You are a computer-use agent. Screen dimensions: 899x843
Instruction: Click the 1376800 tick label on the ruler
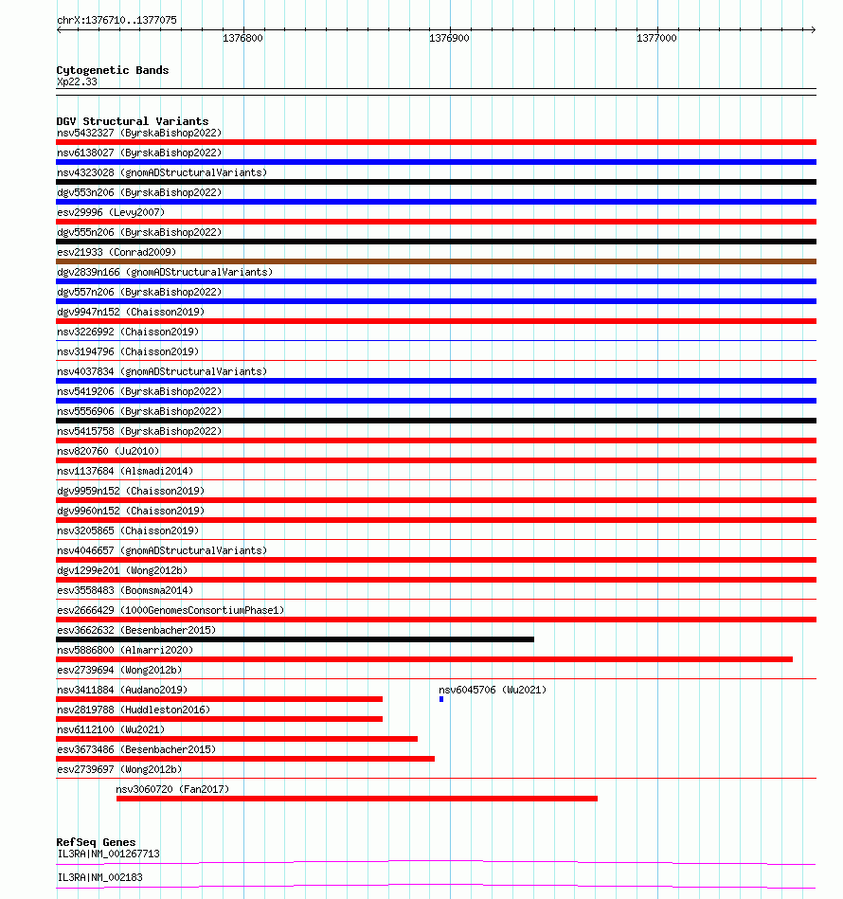[242, 38]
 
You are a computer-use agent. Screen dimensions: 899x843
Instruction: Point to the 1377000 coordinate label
[656, 38]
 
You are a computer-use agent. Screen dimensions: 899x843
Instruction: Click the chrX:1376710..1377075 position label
[117, 20]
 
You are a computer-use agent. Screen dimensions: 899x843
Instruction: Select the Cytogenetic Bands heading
[112, 70]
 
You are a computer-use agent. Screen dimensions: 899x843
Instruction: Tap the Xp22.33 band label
[77, 81]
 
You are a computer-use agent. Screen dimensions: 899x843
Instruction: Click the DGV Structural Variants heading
[132, 121]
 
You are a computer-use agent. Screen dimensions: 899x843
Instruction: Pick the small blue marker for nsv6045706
[441, 699]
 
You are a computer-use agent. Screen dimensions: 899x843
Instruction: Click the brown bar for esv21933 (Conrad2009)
[436, 261]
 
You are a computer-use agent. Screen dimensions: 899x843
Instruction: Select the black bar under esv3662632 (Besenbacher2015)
[295, 639]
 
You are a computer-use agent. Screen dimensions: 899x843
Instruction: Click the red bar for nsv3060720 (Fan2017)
[356, 799]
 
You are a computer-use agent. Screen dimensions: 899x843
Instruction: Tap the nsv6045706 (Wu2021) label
[493, 690]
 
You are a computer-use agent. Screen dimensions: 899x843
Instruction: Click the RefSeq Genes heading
[96, 842]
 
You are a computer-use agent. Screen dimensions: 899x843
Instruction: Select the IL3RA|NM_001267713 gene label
[108, 854]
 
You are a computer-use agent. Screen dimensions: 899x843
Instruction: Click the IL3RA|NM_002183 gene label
[99, 877]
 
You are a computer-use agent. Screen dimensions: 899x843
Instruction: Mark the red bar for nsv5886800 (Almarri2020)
[424, 659]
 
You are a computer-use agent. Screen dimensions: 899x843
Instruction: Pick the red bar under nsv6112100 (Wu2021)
[237, 739]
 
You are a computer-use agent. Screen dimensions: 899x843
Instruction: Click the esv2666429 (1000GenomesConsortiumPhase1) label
[170, 610]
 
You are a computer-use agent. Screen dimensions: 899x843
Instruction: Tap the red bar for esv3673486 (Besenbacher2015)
[245, 759]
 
